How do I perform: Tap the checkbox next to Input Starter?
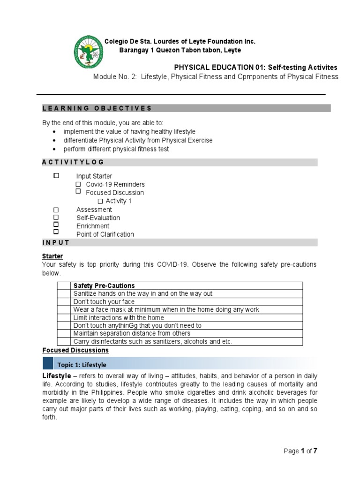pos(56,176)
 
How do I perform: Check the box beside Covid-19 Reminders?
pos(78,184)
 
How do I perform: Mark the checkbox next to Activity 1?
pos(100,201)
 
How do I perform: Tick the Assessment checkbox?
pos(56,210)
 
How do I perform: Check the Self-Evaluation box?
pos(56,217)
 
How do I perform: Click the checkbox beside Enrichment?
pos(56,225)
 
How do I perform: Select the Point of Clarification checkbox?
pos(56,232)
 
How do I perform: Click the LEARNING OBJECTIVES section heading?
pos(97,108)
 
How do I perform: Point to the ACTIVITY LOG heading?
pos(73,162)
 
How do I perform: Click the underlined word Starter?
pos(52,256)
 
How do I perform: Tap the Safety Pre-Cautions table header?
pos(104,285)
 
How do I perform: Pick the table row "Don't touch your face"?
pos(104,301)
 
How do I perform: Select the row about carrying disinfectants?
pos(153,341)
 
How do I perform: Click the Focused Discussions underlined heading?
pos(75,350)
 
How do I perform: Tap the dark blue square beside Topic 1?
pos(48,363)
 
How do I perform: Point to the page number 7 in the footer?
pos(315,451)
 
